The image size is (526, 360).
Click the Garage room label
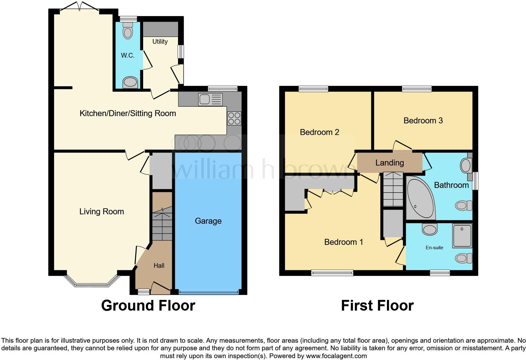[x=208, y=221]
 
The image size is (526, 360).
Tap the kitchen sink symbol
[x=210, y=99]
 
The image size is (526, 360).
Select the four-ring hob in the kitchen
[x=234, y=119]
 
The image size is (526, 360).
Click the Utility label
[x=160, y=42]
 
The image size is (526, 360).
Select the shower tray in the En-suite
[x=462, y=236]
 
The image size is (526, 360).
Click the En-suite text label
[x=434, y=248]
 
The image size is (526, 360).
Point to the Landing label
[x=389, y=163]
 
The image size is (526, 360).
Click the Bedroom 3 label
[x=423, y=121]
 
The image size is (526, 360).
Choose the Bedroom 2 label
[x=319, y=132]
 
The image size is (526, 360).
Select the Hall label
[x=159, y=266]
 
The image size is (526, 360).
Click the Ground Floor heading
[x=148, y=306]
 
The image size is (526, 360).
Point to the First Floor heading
[x=377, y=306]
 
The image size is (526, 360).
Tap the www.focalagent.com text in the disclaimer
[x=336, y=356]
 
